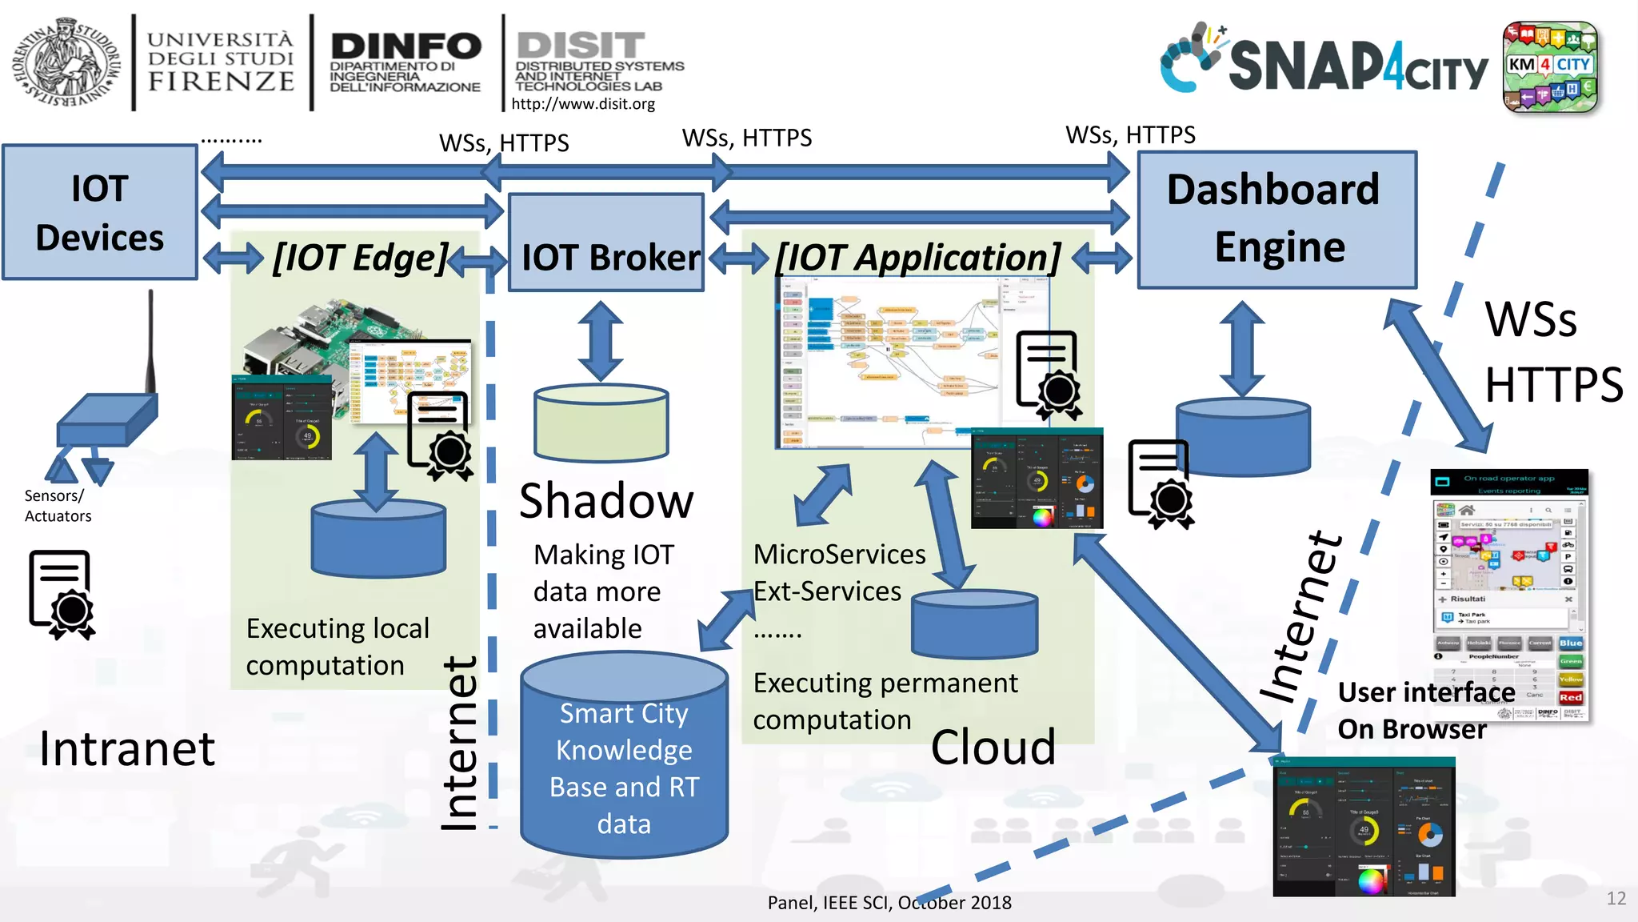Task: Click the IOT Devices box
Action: point(100,212)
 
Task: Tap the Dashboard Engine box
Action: point(1276,218)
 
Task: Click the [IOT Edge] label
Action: point(360,258)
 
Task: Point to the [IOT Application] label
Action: point(918,258)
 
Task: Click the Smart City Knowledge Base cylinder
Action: point(624,760)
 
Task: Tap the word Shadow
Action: point(606,502)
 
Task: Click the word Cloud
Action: point(993,748)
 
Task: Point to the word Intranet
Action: point(127,749)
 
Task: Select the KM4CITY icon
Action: point(1549,66)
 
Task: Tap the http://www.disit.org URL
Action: point(583,104)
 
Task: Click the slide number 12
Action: point(1616,898)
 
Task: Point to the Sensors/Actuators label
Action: point(58,506)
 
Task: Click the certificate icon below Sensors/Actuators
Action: point(62,594)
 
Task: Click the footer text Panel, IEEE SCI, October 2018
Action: point(889,903)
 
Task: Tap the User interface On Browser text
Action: point(1420,711)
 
